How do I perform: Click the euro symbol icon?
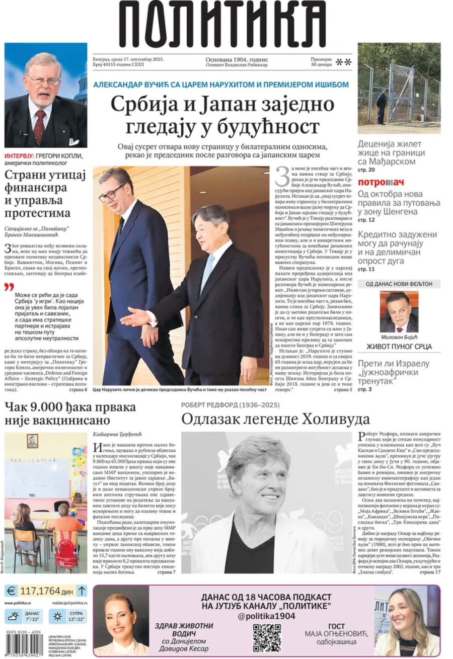click(x=12, y=591)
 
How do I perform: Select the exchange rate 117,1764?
click(x=41, y=591)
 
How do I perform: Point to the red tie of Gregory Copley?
click(x=39, y=126)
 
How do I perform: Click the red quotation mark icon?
click(x=9, y=287)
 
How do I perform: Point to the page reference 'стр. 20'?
click(x=366, y=171)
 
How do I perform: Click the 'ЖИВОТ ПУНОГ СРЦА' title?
click(x=399, y=346)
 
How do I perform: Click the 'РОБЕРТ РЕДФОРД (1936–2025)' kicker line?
click(x=231, y=404)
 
